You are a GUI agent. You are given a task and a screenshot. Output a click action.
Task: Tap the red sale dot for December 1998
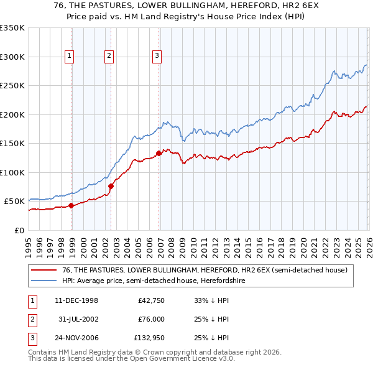click(71, 205)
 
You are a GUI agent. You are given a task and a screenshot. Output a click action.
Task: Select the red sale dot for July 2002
click(111, 186)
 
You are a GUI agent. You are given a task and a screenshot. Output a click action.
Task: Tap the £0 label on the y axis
click(19, 230)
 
